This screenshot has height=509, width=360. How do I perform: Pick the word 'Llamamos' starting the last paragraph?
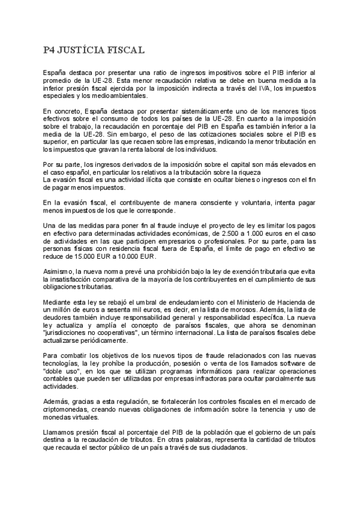[59, 432]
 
